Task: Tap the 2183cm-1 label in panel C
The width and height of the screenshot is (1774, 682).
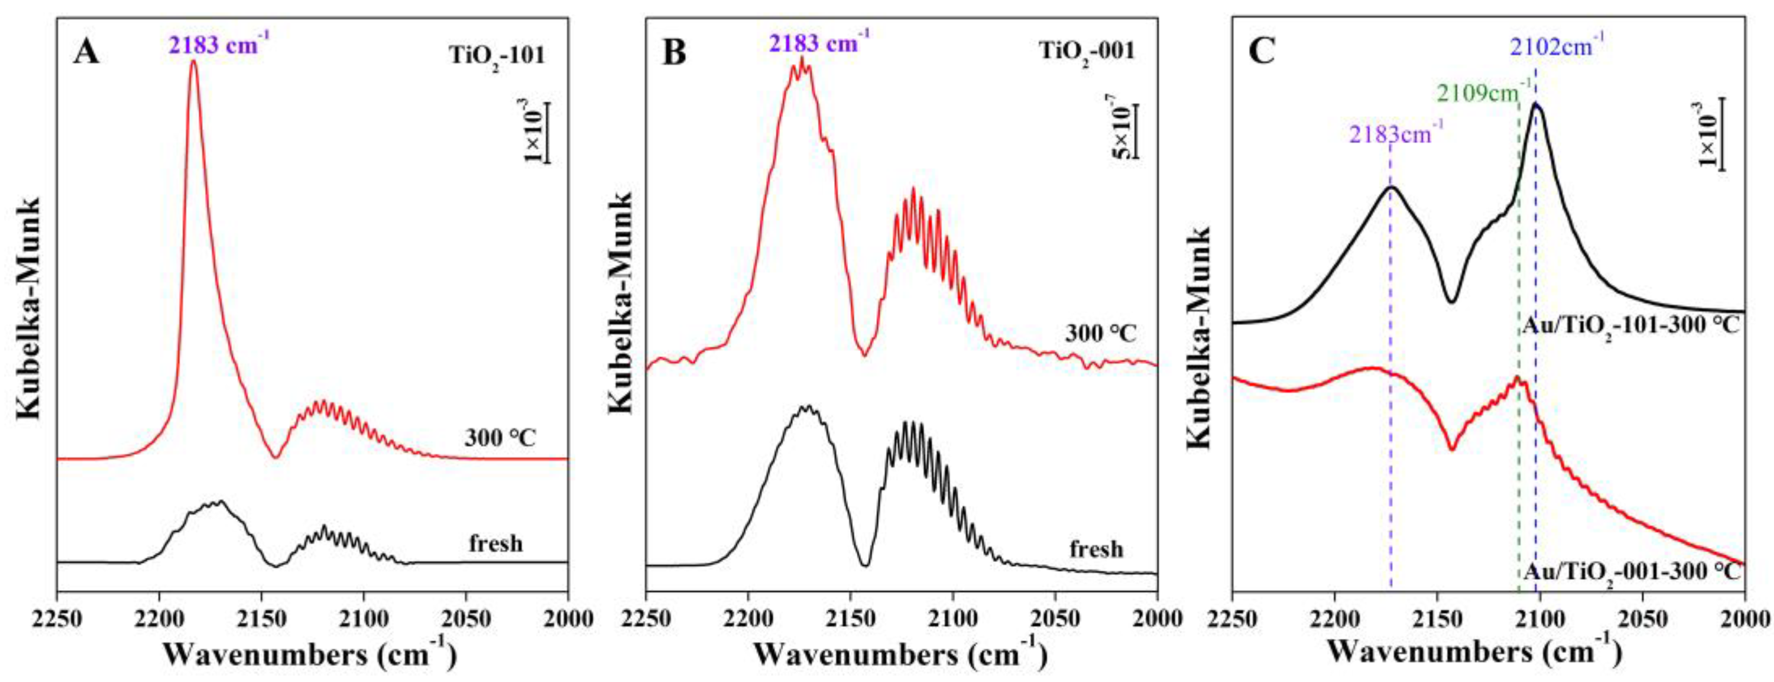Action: point(1395,133)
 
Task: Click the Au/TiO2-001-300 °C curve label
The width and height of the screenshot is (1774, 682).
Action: point(1629,572)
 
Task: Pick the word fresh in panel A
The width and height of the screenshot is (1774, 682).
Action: point(496,544)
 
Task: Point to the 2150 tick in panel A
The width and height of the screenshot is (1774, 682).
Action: point(261,619)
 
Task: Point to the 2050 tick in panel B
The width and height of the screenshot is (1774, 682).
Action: point(1055,619)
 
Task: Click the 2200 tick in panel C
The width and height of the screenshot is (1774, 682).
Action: point(1335,619)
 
